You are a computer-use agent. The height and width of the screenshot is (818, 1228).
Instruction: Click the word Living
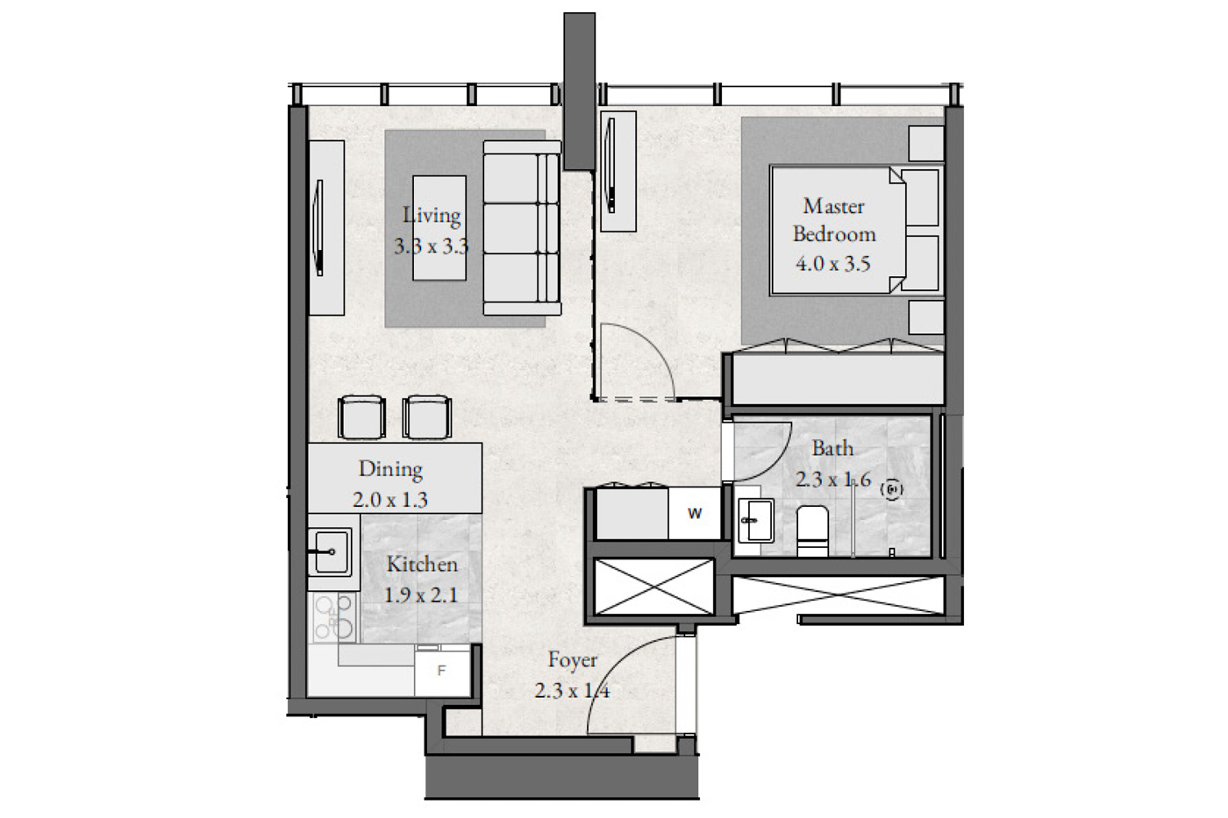[432, 216]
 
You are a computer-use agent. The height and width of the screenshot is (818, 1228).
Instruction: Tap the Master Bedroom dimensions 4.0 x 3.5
[832, 264]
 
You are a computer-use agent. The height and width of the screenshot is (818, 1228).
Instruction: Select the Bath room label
[832, 448]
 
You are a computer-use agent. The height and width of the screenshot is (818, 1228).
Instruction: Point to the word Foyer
[572, 660]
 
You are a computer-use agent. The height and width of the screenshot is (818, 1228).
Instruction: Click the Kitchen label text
[422, 565]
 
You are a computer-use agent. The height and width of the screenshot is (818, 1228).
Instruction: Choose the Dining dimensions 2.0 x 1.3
[389, 500]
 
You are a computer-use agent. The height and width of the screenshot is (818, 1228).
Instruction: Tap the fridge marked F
[442, 671]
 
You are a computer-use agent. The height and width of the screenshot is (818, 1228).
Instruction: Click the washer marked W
[695, 514]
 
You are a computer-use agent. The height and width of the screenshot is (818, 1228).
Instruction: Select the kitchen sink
[330, 551]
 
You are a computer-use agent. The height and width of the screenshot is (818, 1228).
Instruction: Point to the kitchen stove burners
[334, 617]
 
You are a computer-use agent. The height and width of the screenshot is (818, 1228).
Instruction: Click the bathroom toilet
[812, 530]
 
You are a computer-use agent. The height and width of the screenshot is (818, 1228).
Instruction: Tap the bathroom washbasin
[755, 520]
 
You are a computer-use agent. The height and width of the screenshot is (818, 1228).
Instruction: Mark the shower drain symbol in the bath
[891, 489]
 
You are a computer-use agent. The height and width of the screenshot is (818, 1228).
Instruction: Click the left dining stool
[361, 417]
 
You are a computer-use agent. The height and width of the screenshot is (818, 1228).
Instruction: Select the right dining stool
[427, 417]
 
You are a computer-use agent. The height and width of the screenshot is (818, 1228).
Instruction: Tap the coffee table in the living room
[439, 228]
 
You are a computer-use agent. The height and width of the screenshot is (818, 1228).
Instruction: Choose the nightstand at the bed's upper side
[926, 144]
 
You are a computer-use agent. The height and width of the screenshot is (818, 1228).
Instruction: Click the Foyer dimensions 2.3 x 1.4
[572, 690]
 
